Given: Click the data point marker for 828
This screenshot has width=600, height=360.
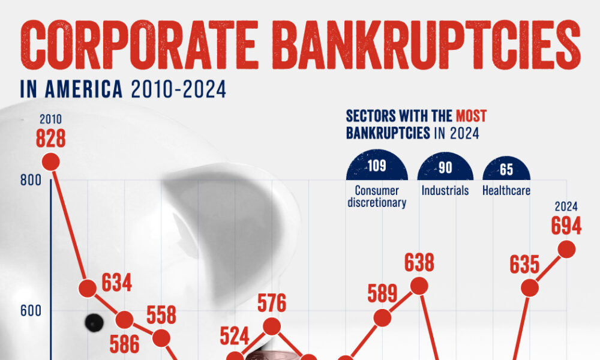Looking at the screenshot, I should (50, 161).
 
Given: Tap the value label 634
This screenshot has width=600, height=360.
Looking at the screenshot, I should (117, 283).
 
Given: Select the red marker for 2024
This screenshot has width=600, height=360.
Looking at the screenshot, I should (566, 249).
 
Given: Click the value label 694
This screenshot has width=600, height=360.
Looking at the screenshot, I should (566, 226).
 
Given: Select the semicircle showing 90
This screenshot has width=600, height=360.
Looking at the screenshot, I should (445, 167).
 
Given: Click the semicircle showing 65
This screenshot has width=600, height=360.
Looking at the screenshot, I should (506, 169).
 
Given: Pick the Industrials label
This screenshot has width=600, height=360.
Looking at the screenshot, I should (445, 191).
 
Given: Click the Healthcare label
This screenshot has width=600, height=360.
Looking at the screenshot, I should (506, 191).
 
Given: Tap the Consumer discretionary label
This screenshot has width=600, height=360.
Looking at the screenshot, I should (377, 196).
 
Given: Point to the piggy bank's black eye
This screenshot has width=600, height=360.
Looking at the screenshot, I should (94, 323).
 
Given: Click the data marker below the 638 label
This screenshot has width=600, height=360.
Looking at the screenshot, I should (419, 286).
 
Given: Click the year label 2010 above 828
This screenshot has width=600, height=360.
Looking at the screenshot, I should (50, 119).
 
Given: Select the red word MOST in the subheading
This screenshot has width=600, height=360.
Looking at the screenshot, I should (470, 115).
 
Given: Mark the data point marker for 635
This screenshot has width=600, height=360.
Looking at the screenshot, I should (529, 287).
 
